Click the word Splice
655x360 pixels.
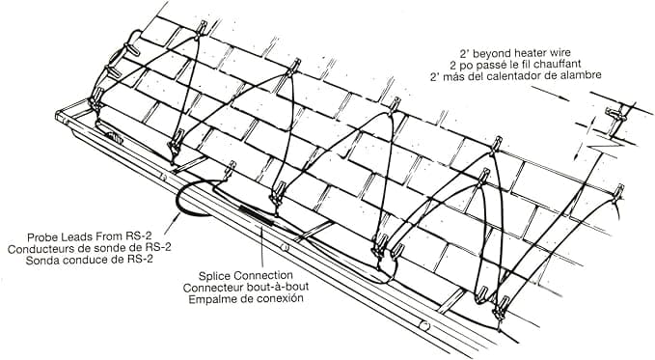point(218,272)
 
